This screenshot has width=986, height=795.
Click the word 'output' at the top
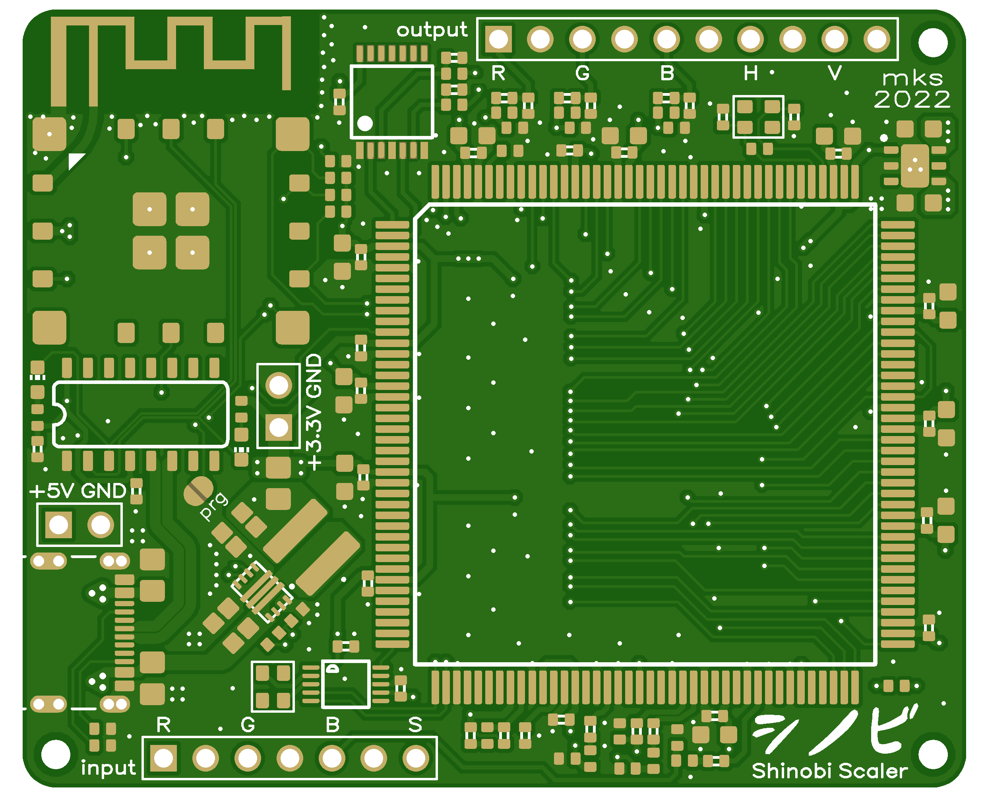tap(432, 30)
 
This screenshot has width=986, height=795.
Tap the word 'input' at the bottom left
tap(108, 768)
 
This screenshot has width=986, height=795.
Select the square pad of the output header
tap(498, 39)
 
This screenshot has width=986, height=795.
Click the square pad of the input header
tap(163, 758)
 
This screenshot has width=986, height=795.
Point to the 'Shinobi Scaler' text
tap(829, 771)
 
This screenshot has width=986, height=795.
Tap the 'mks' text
tap(912, 78)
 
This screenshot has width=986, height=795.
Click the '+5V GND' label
tap(78, 491)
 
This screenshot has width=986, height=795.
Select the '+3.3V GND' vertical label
tap(314, 412)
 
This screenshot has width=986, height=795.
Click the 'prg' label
tap(214, 506)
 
